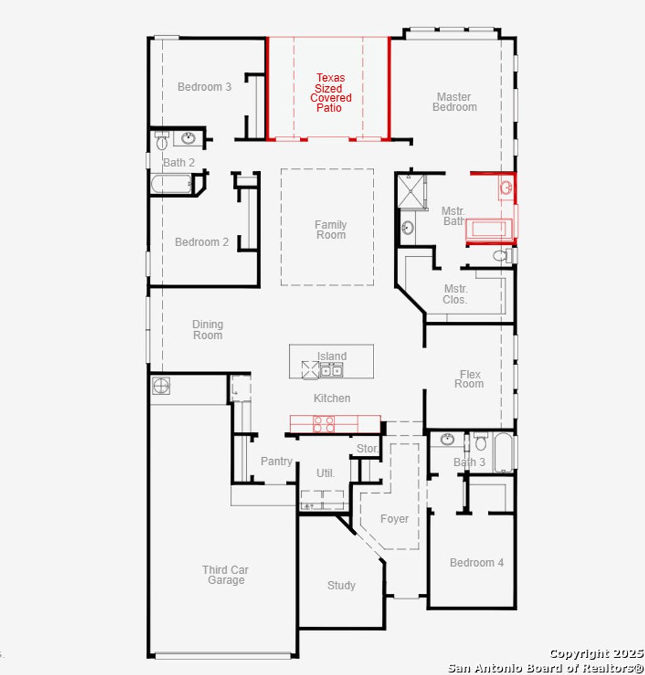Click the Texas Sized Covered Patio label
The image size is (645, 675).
pyautogui.click(x=331, y=93)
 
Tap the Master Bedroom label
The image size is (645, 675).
pyautogui.click(x=454, y=102)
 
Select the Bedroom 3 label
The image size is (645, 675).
pyautogui.click(x=204, y=87)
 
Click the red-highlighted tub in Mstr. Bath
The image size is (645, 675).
pyautogui.click(x=489, y=231)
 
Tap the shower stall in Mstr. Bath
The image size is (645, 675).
pyautogui.click(x=411, y=191)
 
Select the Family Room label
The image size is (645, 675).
pyautogui.click(x=331, y=230)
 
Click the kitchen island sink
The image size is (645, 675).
pyautogui.click(x=331, y=370)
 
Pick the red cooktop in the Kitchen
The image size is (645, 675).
pyautogui.click(x=324, y=424)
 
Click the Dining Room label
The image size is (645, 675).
pyautogui.click(x=207, y=330)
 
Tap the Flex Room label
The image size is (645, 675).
pyautogui.click(x=469, y=378)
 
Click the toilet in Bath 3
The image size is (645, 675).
pyautogui.click(x=481, y=442)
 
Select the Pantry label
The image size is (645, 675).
pyautogui.click(x=277, y=462)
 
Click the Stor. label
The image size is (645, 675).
pyautogui.click(x=367, y=449)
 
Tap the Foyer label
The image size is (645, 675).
pyautogui.click(x=394, y=519)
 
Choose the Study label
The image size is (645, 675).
pyautogui.click(x=341, y=586)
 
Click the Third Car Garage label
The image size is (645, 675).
pyautogui.click(x=225, y=575)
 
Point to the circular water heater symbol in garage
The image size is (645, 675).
pyautogui.click(x=161, y=385)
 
